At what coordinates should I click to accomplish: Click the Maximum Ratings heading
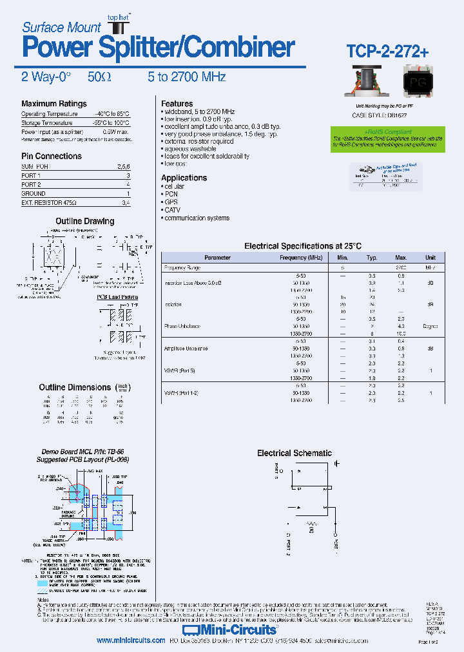[53, 104]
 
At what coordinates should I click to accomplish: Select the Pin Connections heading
[51, 156]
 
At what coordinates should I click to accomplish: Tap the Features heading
[177, 103]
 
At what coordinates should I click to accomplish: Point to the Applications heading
[184, 178]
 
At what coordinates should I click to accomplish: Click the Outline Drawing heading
[84, 221]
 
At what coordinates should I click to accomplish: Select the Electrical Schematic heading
[294, 453]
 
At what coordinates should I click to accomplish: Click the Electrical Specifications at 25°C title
[302, 246]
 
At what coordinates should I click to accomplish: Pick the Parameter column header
[217, 258]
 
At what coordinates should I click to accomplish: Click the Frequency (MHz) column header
[301, 258]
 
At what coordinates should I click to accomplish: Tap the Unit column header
[430, 258]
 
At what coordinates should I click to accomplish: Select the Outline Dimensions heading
[75, 387]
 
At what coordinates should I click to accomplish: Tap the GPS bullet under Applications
[172, 202]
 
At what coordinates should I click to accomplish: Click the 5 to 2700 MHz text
[186, 77]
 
